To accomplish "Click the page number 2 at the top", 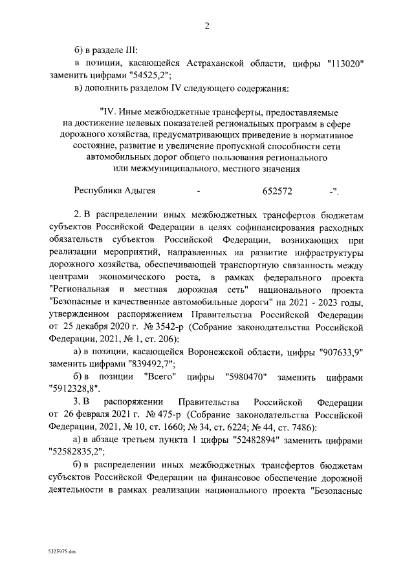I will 207,27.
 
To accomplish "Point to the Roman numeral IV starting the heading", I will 107,113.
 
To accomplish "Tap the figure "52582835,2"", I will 80,451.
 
